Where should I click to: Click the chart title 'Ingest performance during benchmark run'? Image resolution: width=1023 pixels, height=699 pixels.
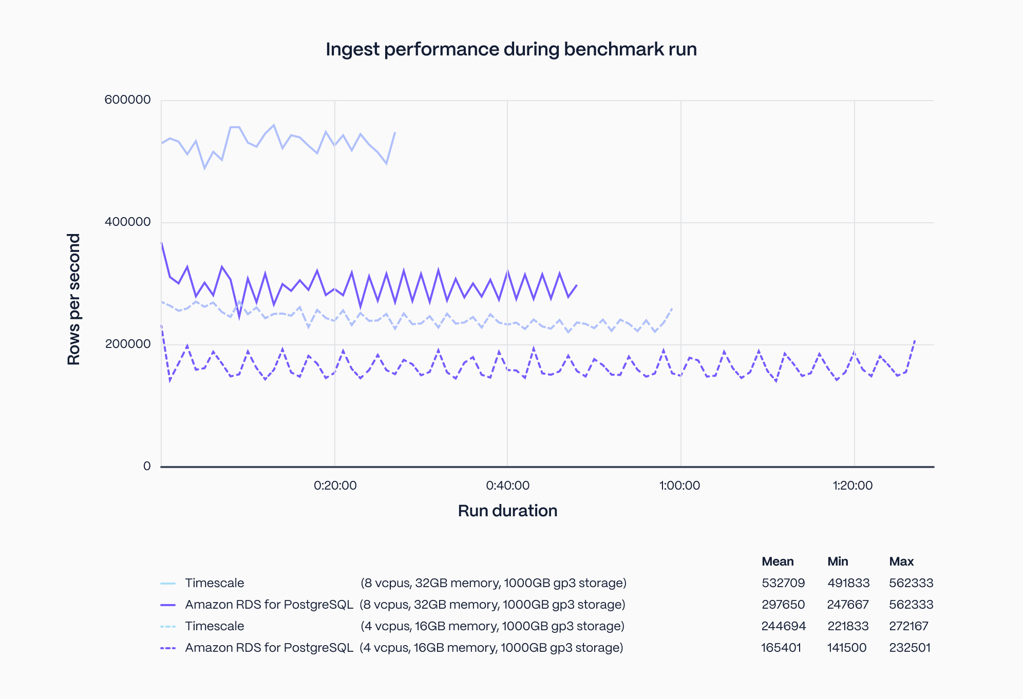coord(511,49)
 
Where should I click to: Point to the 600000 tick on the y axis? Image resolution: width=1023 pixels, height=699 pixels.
coord(127,100)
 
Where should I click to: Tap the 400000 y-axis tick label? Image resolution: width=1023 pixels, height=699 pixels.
coord(127,222)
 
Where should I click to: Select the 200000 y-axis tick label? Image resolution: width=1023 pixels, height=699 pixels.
coord(127,344)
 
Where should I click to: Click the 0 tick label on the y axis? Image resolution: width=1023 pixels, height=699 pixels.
coord(147,466)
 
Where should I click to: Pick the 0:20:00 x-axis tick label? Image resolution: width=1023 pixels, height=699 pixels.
coord(335,486)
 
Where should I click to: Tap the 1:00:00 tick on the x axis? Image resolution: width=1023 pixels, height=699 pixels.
coord(679,486)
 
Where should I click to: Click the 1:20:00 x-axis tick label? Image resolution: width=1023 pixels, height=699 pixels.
coord(852,486)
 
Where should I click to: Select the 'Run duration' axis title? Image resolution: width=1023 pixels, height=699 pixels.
coord(507,511)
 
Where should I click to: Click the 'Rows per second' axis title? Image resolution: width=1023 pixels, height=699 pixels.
coord(74,299)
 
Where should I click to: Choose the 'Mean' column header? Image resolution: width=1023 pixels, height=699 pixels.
coord(778,561)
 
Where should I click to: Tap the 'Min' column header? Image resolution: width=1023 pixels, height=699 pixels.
coord(838,561)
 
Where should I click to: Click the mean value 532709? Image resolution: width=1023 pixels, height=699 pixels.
coord(783,583)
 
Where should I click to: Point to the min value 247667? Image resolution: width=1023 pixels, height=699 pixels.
coord(848,605)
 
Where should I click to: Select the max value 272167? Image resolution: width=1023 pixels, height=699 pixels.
coord(908,626)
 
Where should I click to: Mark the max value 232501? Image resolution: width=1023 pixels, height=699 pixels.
coord(910,648)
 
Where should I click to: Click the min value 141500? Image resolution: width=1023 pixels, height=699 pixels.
coord(847,648)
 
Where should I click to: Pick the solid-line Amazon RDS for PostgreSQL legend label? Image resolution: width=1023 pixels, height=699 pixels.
coord(269,605)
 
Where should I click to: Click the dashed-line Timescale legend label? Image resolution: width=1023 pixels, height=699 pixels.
coord(215,626)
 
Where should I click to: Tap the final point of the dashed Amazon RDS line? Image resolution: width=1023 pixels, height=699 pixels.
coord(915,340)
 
